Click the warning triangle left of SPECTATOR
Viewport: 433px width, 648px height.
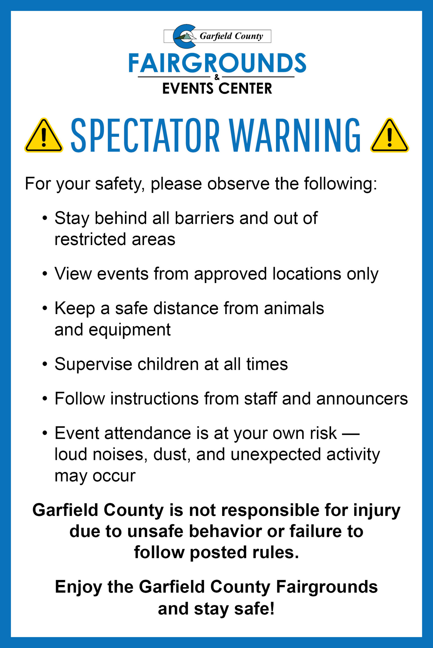[x=44, y=135]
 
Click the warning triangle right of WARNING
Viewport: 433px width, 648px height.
[x=389, y=135]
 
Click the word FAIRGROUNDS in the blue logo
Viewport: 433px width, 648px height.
[x=217, y=63]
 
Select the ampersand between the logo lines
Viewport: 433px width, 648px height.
[x=217, y=77]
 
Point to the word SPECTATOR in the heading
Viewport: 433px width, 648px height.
[x=145, y=135]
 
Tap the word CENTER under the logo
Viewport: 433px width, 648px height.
[x=245, y=88]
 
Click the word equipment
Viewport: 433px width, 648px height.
[x=129, y=330]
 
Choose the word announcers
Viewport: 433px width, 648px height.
[x=362, y=399]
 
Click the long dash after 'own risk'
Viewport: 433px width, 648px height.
[x=351, y=433]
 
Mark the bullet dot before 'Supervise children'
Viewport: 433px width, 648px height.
[x=45, y=364]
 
